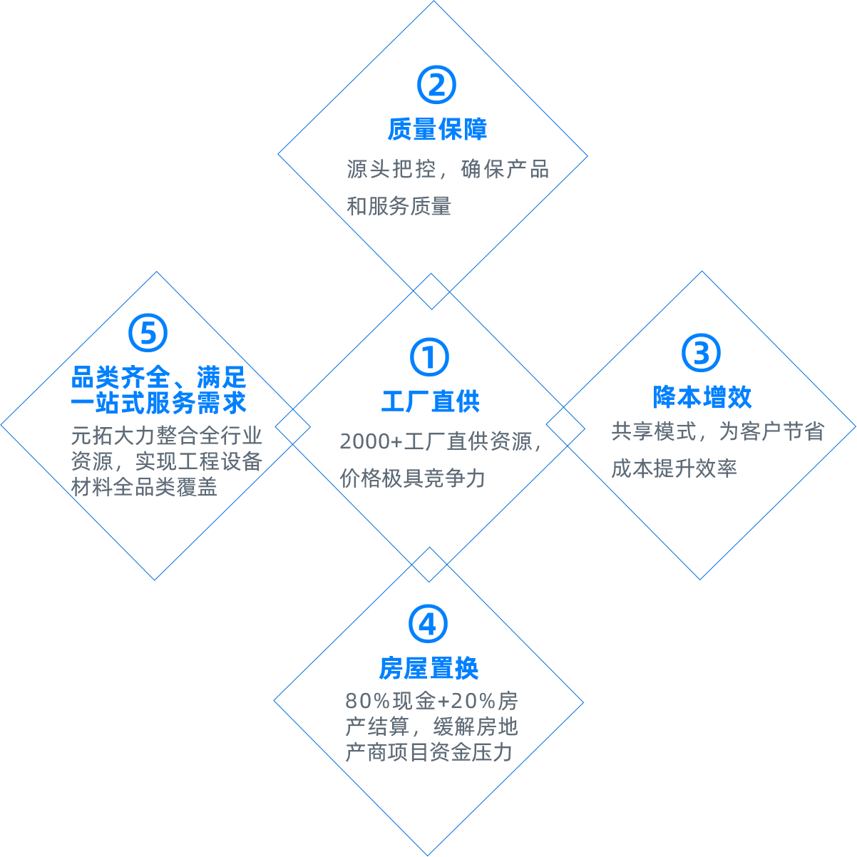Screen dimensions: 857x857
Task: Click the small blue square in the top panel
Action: tap(436, 85)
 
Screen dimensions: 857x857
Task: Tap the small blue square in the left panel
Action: tap(148, 332)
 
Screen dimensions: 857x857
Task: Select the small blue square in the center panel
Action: tap(429, 357)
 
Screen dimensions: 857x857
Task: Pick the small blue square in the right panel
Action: tap(701, 353)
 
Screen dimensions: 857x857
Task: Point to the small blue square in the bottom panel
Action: tap(428, 624)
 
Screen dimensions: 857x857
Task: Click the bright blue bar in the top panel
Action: tap(437, 129)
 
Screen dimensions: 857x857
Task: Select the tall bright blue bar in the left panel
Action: tap(159, 389)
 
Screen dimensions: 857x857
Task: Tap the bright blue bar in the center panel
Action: tap(431, 401)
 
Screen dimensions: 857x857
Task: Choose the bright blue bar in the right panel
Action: tap(703, 396)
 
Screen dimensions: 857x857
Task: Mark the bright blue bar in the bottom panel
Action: tap(428, 668)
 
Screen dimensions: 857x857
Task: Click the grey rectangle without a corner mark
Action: tap(432, 726)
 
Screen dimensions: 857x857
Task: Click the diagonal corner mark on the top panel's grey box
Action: tap(538, 205)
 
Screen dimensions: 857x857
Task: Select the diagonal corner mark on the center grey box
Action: tap(532, 481)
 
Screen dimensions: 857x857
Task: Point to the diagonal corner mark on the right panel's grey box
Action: tap(814, 468)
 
